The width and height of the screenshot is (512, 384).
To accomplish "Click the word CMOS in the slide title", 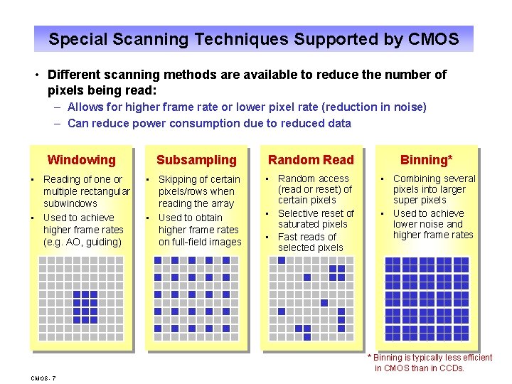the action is [x=434, y=39].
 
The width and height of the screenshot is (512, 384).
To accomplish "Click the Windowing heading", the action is [x=81, y=160].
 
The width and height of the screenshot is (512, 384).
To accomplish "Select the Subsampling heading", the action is [x=196, y=160].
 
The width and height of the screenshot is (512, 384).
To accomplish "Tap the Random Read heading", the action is [x=311, y=160].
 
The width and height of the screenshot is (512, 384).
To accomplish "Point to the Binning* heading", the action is [x=427, y=160].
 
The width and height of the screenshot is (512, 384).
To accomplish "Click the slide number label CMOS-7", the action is [x=44, y=377].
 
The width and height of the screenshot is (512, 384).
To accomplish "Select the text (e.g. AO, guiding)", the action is [x=82, y=242].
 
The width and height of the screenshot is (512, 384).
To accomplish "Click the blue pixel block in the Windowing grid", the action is [x=85, y=306].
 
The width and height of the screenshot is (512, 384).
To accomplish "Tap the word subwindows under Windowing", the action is [x=70, y=203].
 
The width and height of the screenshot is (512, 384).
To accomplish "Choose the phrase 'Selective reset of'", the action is [x=316, y=213].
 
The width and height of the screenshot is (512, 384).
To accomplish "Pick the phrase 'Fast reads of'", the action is [x=307, y=237].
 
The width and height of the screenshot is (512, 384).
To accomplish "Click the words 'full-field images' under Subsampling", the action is [x=200, y=242].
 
